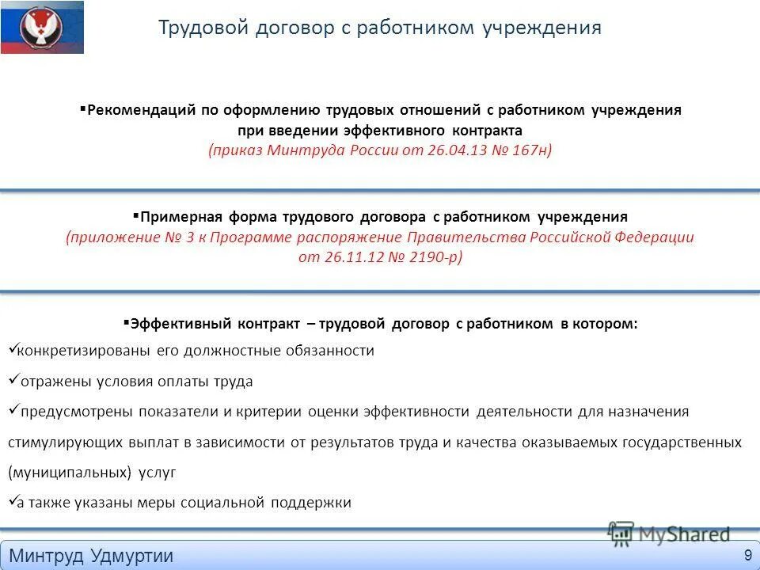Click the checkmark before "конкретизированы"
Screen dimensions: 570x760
point(12,348)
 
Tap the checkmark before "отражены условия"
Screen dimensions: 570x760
point(13,380)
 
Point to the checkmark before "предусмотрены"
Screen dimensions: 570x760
point(13,410)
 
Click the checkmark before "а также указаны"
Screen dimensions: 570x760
point(12,501)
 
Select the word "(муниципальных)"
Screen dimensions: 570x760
point(70,473)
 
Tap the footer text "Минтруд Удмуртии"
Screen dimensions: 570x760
point(91,556)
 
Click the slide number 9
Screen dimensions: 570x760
point(747,554)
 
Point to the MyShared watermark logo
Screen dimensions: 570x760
point(669,533)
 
